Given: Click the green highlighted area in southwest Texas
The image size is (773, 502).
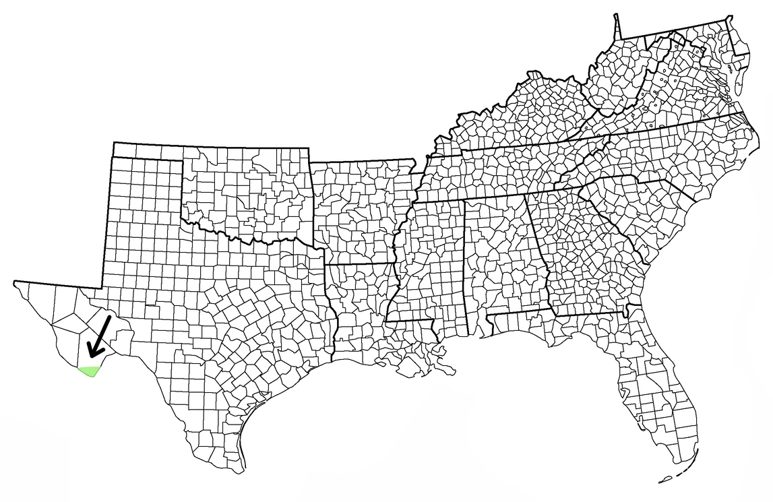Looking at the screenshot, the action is click(x=88, y=371).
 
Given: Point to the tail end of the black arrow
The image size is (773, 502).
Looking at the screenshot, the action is click(x=110, y=317).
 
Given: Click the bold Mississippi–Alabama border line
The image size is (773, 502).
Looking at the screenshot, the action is click(x=466, y=270).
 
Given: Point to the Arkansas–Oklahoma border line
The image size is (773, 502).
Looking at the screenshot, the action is click(x=311, y=202).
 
